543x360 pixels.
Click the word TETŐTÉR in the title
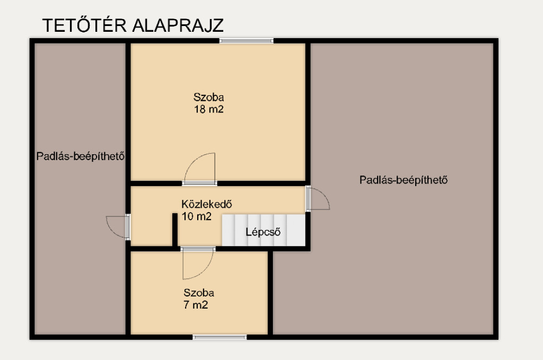84,25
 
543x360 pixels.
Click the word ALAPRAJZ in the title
178,25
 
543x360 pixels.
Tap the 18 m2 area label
209,109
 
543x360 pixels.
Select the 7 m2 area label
196,305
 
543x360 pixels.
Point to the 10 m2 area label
196,216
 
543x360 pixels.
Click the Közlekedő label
207,204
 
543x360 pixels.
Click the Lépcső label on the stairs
263,232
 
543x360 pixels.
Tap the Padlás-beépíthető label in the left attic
81,156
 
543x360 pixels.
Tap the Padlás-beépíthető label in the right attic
404,180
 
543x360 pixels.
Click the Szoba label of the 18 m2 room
208,97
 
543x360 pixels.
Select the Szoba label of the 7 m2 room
199,293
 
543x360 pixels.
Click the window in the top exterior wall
246,41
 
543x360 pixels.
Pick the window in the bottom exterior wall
220,337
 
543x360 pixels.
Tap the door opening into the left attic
118,227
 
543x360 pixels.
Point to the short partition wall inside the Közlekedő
175,230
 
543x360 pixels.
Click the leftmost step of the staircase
228,230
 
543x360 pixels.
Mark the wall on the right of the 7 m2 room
270,293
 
